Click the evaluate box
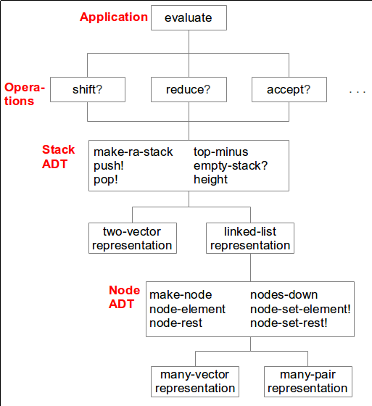tap(189, 18)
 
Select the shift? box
tap(88, 89)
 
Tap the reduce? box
tap(189, 89)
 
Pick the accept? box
tap(289, 89)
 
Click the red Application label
tap(114, 17)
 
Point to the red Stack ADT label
tap(58, 157)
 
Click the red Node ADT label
tap(124, 297)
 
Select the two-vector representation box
tap(133, 238)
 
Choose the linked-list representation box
tap(250, 238)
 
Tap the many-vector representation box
tap(195, 381)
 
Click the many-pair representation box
tap(308, 381)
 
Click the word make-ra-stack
tap(133, 152)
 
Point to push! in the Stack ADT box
tap(109, 166)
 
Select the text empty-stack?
tap(231, 166)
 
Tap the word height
tap(210, 180)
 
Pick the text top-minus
tap(221, 152)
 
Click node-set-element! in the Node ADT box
tap(300, 309)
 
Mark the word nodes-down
tap(284, 295)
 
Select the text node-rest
tap(176, 323)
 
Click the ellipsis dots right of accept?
tap(357, 91)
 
